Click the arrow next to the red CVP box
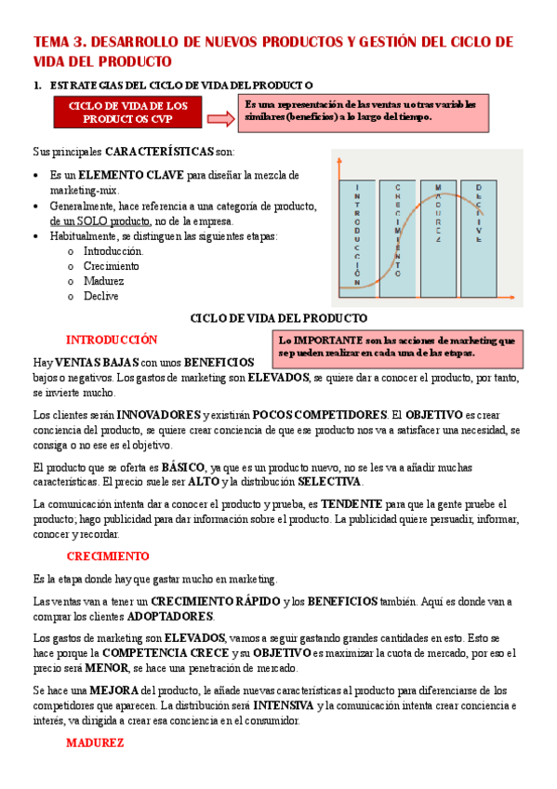pos(220,118)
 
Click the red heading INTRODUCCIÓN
pos(112,340)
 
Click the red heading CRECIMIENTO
pos(108,556)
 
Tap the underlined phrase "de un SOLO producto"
pos(100,221)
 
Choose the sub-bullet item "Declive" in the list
pos(100,296)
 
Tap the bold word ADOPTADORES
pos(170,616)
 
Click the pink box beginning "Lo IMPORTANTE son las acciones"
pos(397,347)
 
